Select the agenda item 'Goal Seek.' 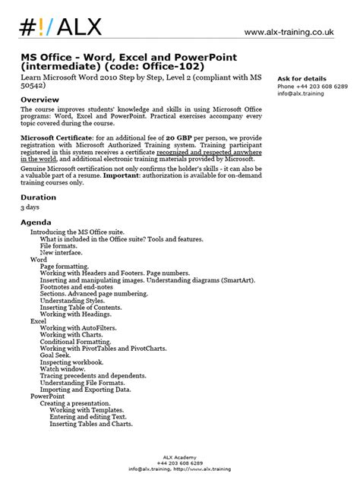tap(58, 354)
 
